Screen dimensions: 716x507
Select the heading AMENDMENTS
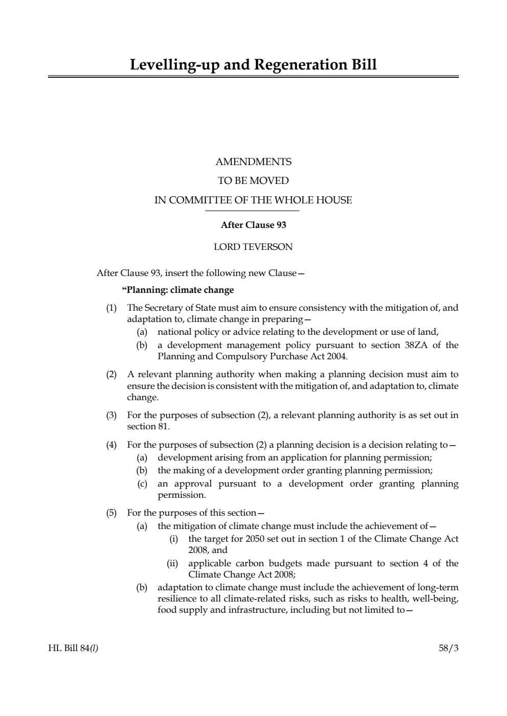(x=253, y=162)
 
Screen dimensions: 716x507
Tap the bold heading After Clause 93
(x=253, y=225)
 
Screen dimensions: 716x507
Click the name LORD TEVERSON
(x=253, y=247)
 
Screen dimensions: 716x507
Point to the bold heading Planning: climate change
(x=178, y=290)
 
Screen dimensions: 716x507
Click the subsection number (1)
(x=111, y=308)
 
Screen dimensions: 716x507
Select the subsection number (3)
(x=111, y=415)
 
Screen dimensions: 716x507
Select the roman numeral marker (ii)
(x=173, y=563)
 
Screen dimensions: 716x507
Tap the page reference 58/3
(x=448, y=648)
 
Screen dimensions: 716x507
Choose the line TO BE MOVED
(x=253, y=181)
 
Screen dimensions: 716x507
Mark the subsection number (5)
(x=111, y=513)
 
